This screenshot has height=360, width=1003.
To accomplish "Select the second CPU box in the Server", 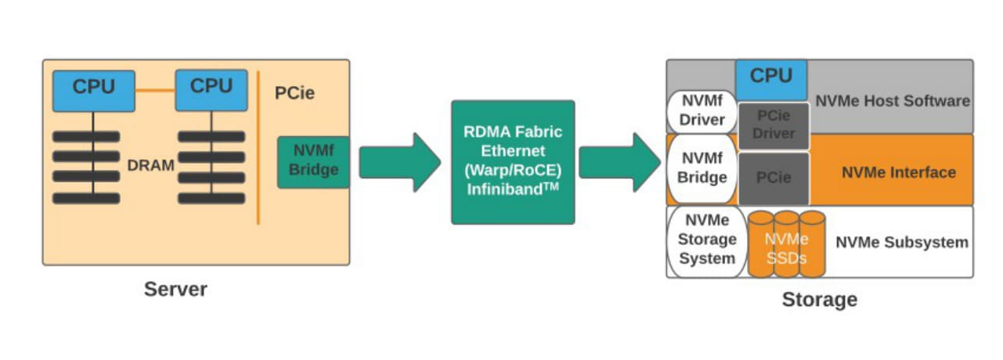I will pos(211,89).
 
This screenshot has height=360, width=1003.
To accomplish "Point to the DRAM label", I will pos(151,165).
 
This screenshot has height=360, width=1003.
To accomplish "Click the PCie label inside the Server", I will pos(294,92).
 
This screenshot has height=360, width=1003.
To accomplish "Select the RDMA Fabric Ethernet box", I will pos(513,162).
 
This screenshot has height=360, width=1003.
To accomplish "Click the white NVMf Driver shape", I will pos(702,112).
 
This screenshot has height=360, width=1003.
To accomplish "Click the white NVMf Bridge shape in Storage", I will pos(702,169).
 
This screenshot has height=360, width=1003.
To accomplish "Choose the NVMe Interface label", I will pos(899,172).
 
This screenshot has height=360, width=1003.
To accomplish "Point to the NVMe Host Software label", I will pos(893,101).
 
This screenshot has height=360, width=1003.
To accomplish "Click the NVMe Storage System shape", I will pos(707,239).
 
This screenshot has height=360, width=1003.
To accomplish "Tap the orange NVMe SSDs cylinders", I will pos(786,244).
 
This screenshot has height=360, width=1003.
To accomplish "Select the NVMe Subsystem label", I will pos(901,243).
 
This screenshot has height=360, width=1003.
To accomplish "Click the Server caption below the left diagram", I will pos(175,289).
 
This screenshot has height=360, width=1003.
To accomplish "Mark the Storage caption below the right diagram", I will pos(819,299).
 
